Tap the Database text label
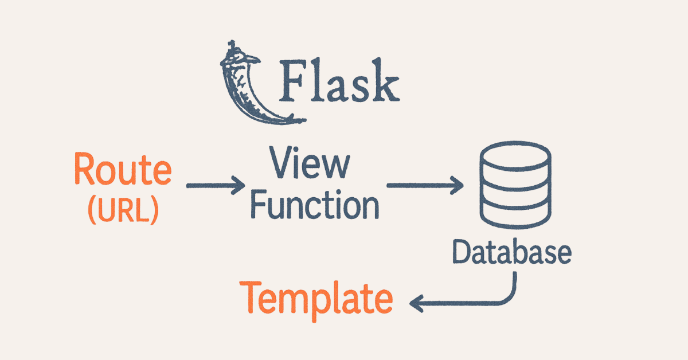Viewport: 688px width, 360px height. point(511,252)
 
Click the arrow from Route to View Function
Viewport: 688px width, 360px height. point(215,186)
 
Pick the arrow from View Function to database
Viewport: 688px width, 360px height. point(424,185)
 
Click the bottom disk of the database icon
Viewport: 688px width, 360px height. point(514,216)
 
